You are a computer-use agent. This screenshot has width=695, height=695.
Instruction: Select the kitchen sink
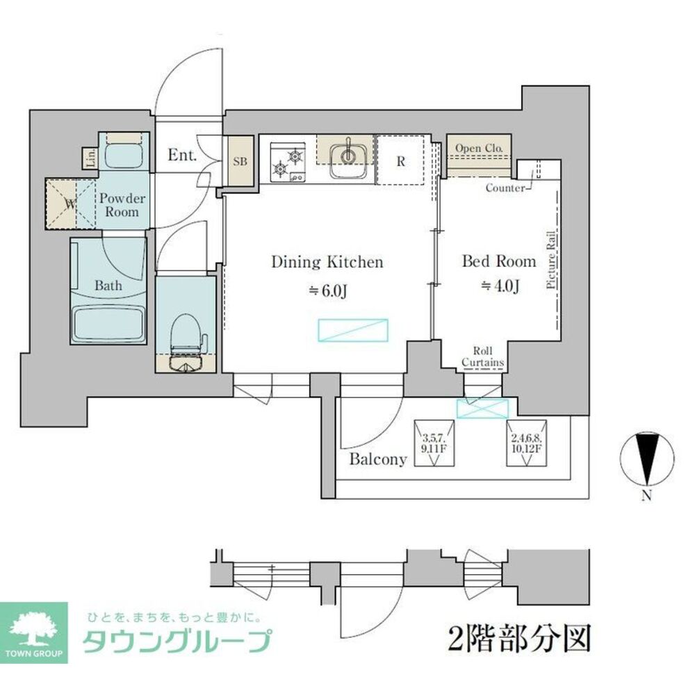(x=345, y=159)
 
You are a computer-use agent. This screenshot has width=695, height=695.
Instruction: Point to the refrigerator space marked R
(x=400, y=161)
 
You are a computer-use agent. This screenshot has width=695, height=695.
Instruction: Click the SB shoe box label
(x=240, y=161)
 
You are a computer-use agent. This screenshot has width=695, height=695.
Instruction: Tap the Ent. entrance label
(x=182, y=155)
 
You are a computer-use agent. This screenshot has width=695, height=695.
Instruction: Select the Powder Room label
(x=122, y=205)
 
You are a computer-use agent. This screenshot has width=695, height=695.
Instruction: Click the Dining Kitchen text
(x=327, y=262)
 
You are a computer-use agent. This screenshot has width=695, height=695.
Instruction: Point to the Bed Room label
(x=499, y=261)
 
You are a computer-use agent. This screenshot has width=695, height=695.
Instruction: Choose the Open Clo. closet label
(x=480, y=147)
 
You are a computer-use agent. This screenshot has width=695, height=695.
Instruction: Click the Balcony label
(x=377, y=459)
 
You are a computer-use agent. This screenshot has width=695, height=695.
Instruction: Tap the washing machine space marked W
(x=69, y=204)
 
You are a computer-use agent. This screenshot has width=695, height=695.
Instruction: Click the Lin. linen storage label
(x=90, y=158)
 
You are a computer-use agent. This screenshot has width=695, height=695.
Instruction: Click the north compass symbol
(x=647, y=458)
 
